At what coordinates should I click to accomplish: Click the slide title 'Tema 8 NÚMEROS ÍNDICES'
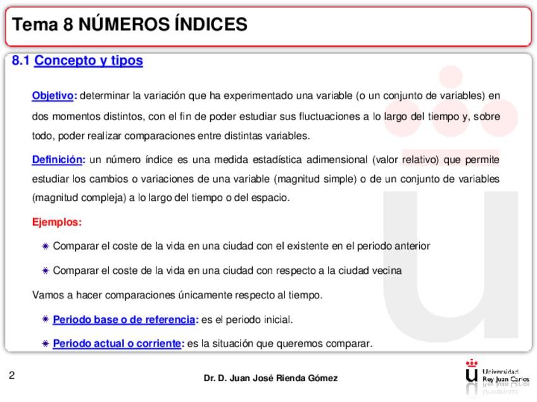(130, 25)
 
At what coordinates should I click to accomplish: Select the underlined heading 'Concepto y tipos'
(89, 61)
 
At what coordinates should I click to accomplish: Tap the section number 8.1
(21, 61)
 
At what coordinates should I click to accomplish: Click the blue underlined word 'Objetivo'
(53, 96)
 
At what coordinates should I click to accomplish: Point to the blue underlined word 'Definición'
(57, 159)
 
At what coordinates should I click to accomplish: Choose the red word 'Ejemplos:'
(57, 222)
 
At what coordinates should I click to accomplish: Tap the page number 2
(12, 376)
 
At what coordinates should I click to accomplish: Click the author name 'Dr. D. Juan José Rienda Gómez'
(270, 379)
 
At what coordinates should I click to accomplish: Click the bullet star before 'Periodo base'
(45, 320)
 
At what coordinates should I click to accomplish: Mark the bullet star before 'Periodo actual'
(45, 344)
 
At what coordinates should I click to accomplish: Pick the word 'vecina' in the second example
(386, 271)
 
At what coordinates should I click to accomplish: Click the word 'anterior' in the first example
(412, 246)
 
